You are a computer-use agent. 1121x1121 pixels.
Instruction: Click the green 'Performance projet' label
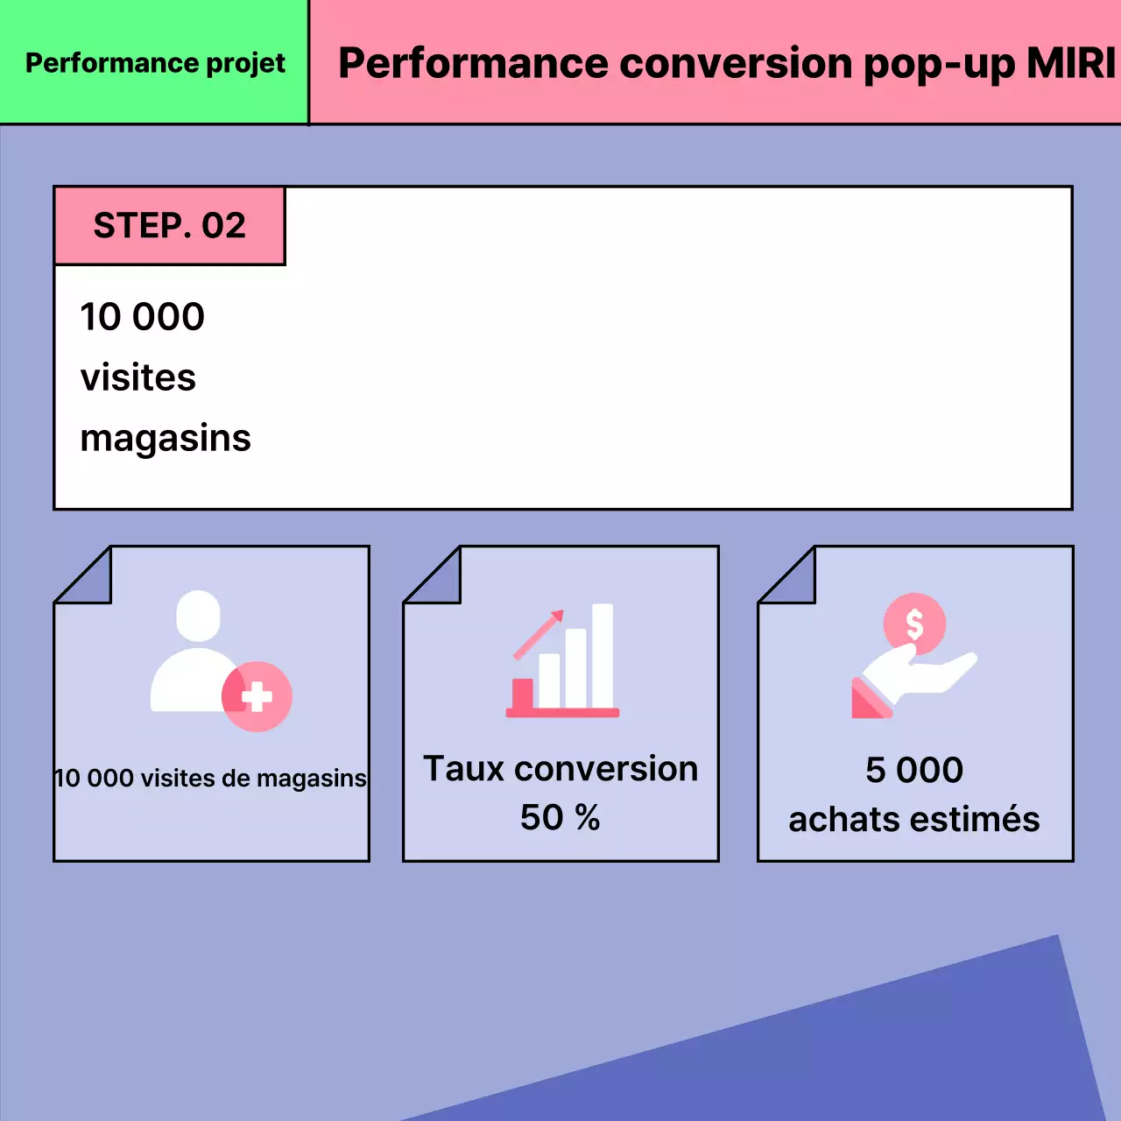155,63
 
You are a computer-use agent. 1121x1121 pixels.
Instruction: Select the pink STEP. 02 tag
170,226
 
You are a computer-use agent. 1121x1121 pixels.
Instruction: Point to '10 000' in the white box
142,317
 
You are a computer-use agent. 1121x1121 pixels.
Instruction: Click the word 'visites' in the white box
138,377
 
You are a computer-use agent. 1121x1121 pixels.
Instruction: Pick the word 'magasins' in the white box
166,439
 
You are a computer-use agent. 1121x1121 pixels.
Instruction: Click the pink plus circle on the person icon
257,697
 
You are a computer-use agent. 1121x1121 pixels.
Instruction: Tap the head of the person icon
198,615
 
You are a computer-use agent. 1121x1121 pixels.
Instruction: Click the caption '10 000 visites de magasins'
210,778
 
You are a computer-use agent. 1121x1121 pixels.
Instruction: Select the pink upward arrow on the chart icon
539,633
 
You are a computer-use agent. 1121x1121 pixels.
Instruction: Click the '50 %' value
560,818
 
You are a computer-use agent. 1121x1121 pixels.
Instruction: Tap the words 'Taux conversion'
560,769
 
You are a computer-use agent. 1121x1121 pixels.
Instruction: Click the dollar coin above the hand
914,624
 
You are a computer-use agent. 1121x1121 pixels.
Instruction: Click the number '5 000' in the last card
914,771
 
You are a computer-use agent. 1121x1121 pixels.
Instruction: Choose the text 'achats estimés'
914,820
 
